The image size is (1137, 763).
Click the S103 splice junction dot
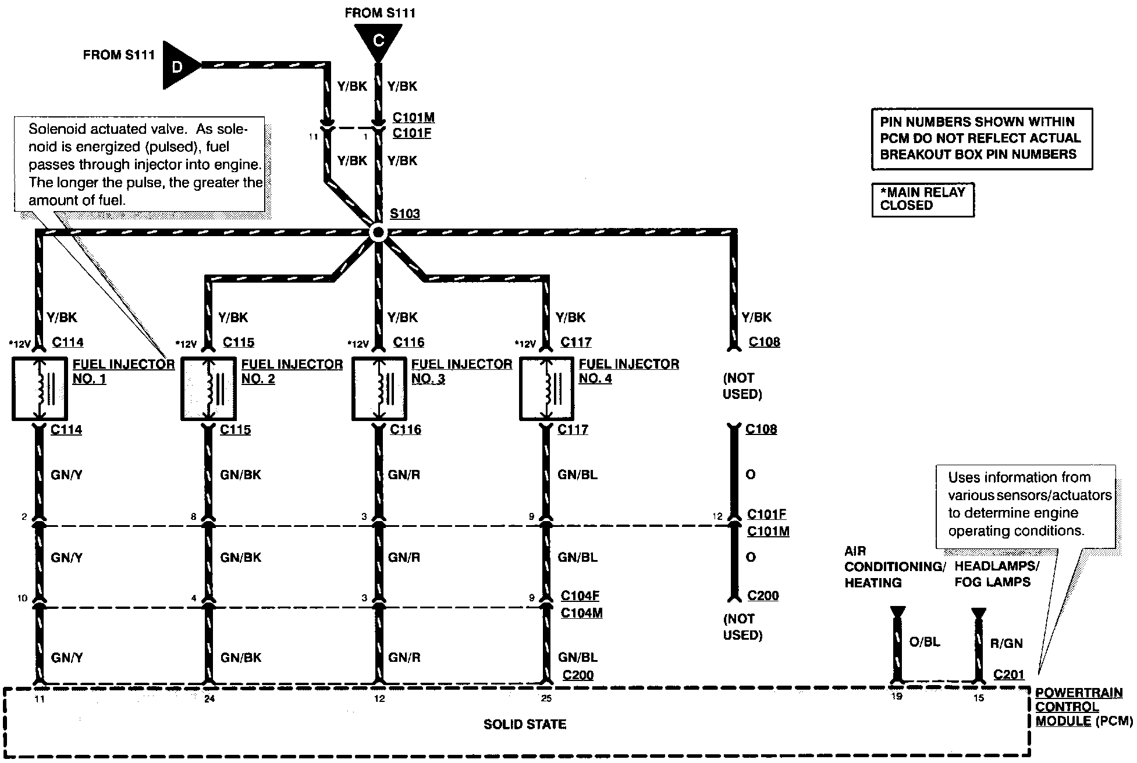378,233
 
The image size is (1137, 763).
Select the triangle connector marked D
178,66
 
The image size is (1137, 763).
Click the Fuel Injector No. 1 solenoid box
40,389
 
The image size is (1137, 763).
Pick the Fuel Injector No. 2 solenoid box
208,389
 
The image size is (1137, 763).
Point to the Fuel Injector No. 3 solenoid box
379,389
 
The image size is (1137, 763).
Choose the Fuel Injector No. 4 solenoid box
546,389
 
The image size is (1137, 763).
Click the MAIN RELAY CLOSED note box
922,199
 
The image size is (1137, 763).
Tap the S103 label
404,213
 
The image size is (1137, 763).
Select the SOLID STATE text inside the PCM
525,725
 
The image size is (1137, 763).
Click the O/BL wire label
924,642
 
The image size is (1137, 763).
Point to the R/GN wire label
1006,643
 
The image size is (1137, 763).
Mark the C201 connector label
1008,675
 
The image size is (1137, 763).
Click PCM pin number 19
897,697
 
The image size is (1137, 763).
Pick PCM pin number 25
546,698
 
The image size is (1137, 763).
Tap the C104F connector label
580,596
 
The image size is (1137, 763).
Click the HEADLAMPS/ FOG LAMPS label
996,574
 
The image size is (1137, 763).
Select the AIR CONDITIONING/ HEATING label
894,567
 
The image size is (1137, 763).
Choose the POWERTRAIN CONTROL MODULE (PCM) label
1083,707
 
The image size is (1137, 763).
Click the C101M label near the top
413,117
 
